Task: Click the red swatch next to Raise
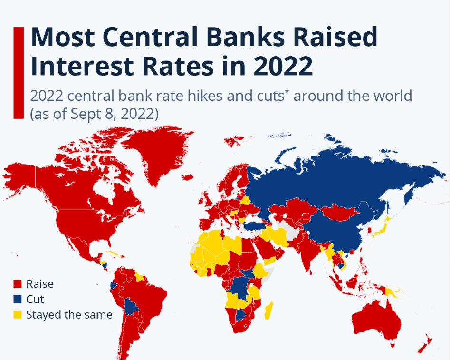pos(18,284)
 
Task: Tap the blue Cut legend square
pos(18,299)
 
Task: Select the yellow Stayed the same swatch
pos(18,315)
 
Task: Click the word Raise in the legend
pos(40,284)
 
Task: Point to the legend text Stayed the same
pos(69,315)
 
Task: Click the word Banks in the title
pos(246,37)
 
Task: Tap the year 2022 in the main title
pos(283,67)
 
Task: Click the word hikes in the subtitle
pos(205,96)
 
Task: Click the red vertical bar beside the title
pos(19,73)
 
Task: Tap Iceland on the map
pos(188,177)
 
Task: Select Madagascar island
pos(268,310)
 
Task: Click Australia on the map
pos(376,321)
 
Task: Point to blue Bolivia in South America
pos(131,306)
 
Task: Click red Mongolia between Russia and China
pos(339,212)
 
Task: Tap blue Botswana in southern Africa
pos(240,315)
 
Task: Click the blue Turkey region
pos(256,225)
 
